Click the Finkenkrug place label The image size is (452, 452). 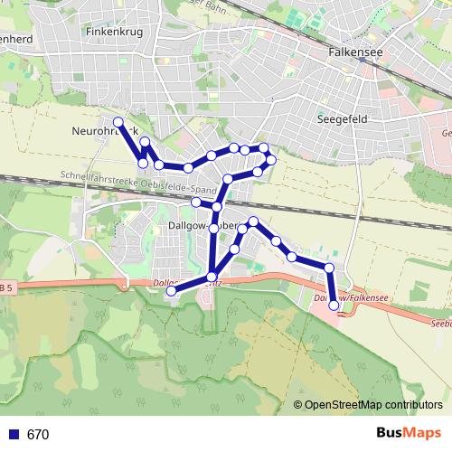(x=114, y=31)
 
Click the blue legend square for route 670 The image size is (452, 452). (x=13, y=434)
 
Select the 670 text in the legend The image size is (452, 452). (x=38, y=434)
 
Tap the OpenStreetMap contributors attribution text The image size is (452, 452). (x=373, y=405)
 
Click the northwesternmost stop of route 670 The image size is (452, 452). (x=118, y=121)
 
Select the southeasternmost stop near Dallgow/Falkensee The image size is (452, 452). (x=334, y=306)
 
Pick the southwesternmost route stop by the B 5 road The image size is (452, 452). (x=172, y=290)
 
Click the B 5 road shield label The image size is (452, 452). (x=6, y=287)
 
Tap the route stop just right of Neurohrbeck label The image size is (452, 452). (x=145, y=142)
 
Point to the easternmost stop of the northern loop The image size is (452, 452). (x=270, y=160)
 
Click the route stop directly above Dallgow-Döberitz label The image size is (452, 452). (x=217, y=207)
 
